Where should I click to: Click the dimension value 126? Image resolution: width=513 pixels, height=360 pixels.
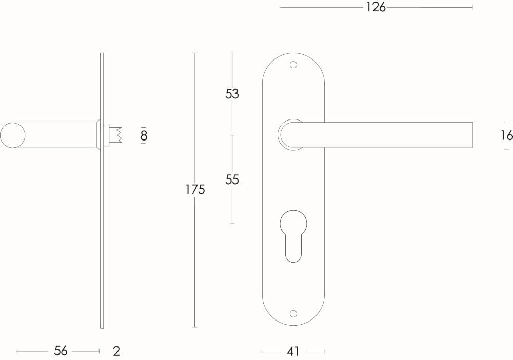[x=376, y=7]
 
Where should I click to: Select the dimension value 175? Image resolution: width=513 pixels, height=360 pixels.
[x=195, y=190]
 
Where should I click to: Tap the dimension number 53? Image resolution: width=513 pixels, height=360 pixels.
[x=232, y=94]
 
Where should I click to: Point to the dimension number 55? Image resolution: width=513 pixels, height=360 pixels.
[x=232, y=179]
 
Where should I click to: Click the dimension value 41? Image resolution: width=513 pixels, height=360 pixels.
[x=293, y=352]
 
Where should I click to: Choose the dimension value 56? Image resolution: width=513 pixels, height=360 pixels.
[x=61, y=351]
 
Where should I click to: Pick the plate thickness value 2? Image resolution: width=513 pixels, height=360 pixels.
[x=116, y=351]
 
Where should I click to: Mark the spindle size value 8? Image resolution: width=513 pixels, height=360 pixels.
[x=144, y=135]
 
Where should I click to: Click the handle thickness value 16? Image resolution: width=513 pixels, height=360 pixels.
[x=506, y=135]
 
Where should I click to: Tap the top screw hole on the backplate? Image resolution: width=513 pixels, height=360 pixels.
[x=293, y=65]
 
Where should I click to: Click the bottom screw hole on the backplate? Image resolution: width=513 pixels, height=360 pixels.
[x=293, y=313]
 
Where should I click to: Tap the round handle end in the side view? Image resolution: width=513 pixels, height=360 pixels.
[x=12, y=135]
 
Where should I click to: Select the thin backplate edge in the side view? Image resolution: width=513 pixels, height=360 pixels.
[x=102, y=231]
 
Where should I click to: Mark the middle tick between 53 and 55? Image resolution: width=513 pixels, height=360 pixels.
[x=232, y=135]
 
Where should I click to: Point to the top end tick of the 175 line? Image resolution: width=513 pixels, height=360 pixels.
[x=195, y=53]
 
